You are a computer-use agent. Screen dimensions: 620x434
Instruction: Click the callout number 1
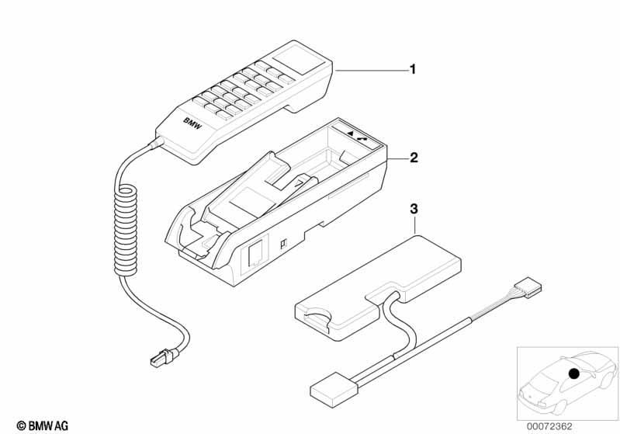413,70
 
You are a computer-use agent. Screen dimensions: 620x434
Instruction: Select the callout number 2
414,158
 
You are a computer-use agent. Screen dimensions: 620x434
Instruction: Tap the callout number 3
414,209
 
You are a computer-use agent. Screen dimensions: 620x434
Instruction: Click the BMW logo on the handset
192,123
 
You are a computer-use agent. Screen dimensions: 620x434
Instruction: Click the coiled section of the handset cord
125,231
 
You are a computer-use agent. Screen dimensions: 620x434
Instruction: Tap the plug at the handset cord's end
162,356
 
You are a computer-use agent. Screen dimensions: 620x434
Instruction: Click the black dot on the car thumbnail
573,373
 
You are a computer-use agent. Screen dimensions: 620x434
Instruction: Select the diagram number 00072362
549,426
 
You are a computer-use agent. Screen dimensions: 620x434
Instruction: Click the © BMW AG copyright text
43,425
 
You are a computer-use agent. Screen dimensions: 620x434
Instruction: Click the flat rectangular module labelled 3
379,283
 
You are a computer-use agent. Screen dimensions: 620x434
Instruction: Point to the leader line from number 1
372,70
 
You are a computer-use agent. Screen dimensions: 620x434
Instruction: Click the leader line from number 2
398,158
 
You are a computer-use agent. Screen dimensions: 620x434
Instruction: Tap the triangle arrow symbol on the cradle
350,134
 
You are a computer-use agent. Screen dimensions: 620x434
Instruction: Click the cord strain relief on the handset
155,142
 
